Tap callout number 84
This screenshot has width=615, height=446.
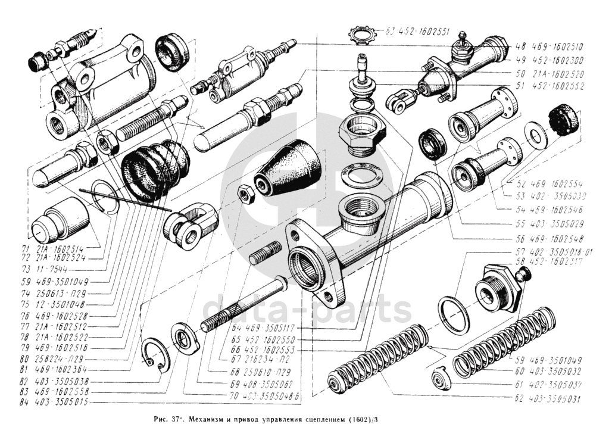coord(24,402)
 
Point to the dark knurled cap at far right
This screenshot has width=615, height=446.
coord(563,119)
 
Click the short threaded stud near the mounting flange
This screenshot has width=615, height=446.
coord(266,253)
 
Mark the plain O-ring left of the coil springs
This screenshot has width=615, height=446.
coord(454,313)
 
